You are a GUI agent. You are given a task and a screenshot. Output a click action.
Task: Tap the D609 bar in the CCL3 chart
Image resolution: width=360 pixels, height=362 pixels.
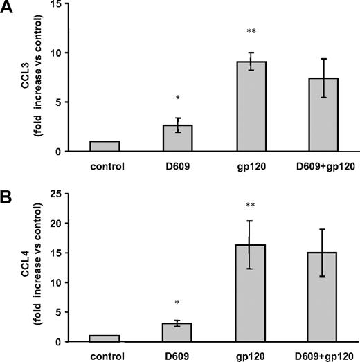coord(177,138)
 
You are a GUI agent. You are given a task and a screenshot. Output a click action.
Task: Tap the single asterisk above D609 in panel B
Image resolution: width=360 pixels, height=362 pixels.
coord(177,304)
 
